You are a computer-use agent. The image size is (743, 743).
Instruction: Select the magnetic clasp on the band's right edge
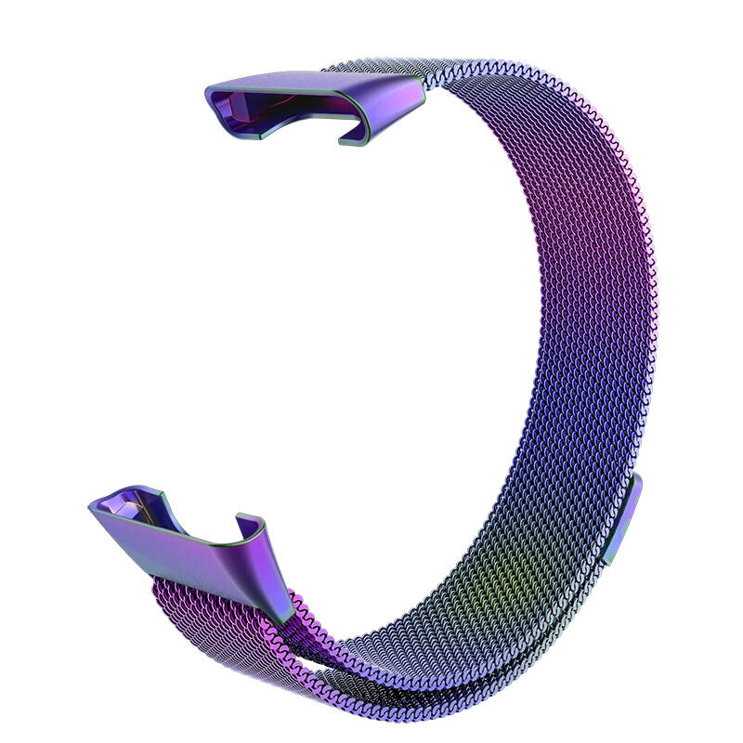coord(628,520)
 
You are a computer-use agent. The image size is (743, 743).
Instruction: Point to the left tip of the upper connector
coord(208,93)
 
